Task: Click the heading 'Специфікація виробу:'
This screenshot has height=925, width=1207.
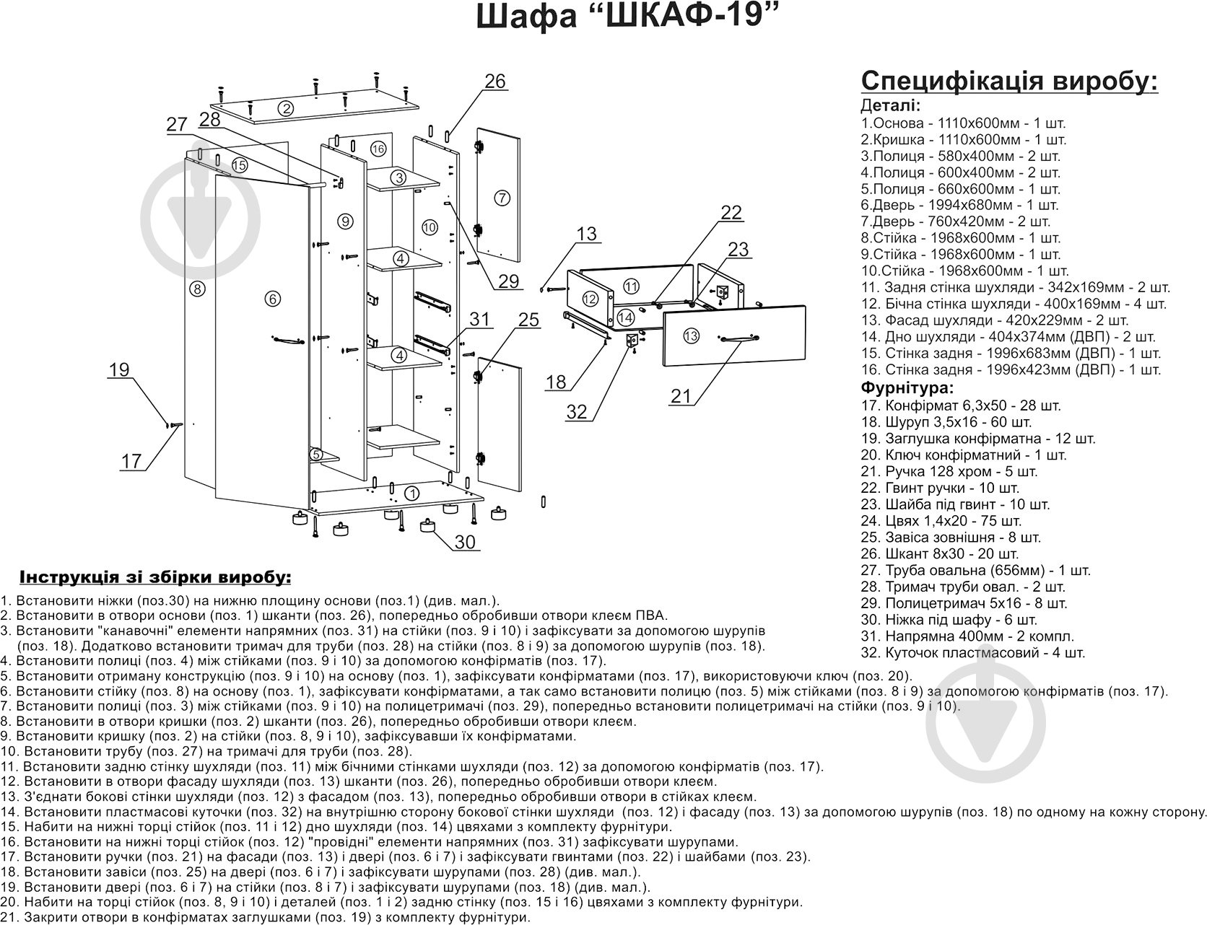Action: click(1010, 82)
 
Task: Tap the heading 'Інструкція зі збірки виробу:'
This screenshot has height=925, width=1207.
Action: click(156, 578)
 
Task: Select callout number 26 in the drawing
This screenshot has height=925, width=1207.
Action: click(495, 82)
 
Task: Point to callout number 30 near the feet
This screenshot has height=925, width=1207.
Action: click(466, 541)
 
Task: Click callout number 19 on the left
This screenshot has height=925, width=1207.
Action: click(119, 370)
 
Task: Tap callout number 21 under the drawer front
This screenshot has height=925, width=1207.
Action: click(681, 395)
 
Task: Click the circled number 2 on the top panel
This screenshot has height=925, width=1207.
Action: click(287, 109)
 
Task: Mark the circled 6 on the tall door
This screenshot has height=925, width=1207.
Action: click(271, 298)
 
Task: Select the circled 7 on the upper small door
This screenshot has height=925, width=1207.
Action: click(503, 198)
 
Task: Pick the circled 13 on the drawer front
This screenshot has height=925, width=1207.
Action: click(691, 336)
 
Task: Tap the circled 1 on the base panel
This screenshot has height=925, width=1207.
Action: click(411, 494)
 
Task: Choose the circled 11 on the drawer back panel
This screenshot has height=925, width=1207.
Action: click(632, 286)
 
